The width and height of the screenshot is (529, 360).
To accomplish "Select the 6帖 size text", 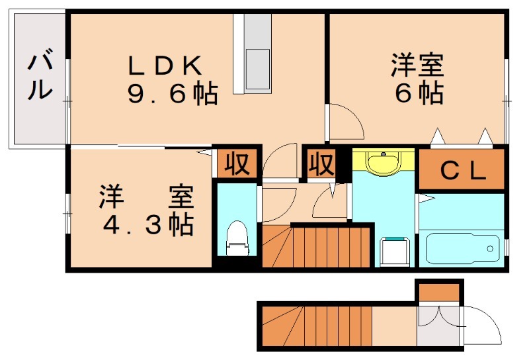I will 419,94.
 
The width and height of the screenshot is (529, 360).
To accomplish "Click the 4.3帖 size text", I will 147,226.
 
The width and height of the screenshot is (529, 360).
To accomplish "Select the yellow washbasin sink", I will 383,163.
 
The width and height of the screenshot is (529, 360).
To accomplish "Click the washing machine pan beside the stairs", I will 394,251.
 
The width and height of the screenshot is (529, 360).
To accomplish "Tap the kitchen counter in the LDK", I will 257,53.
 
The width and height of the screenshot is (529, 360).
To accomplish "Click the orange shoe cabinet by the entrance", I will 439,292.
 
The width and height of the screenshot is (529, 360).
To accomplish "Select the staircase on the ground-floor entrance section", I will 317,326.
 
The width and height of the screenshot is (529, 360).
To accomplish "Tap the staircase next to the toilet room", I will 316,246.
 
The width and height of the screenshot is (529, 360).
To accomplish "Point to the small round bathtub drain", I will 490,249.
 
